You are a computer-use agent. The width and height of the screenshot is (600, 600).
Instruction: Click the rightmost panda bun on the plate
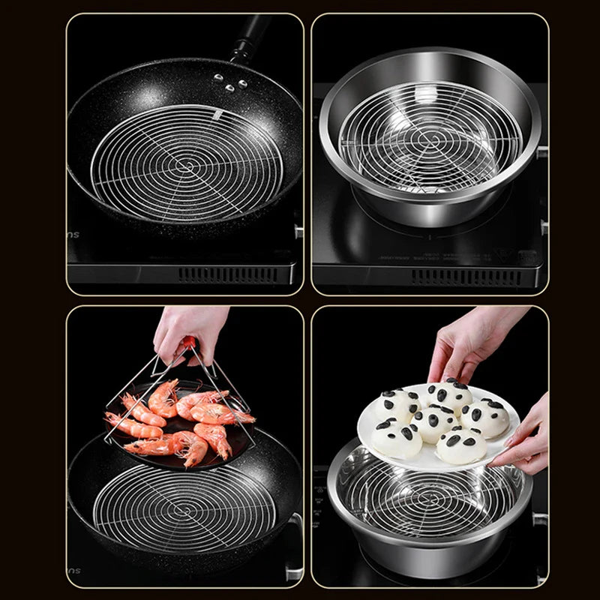tap(484, 416)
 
